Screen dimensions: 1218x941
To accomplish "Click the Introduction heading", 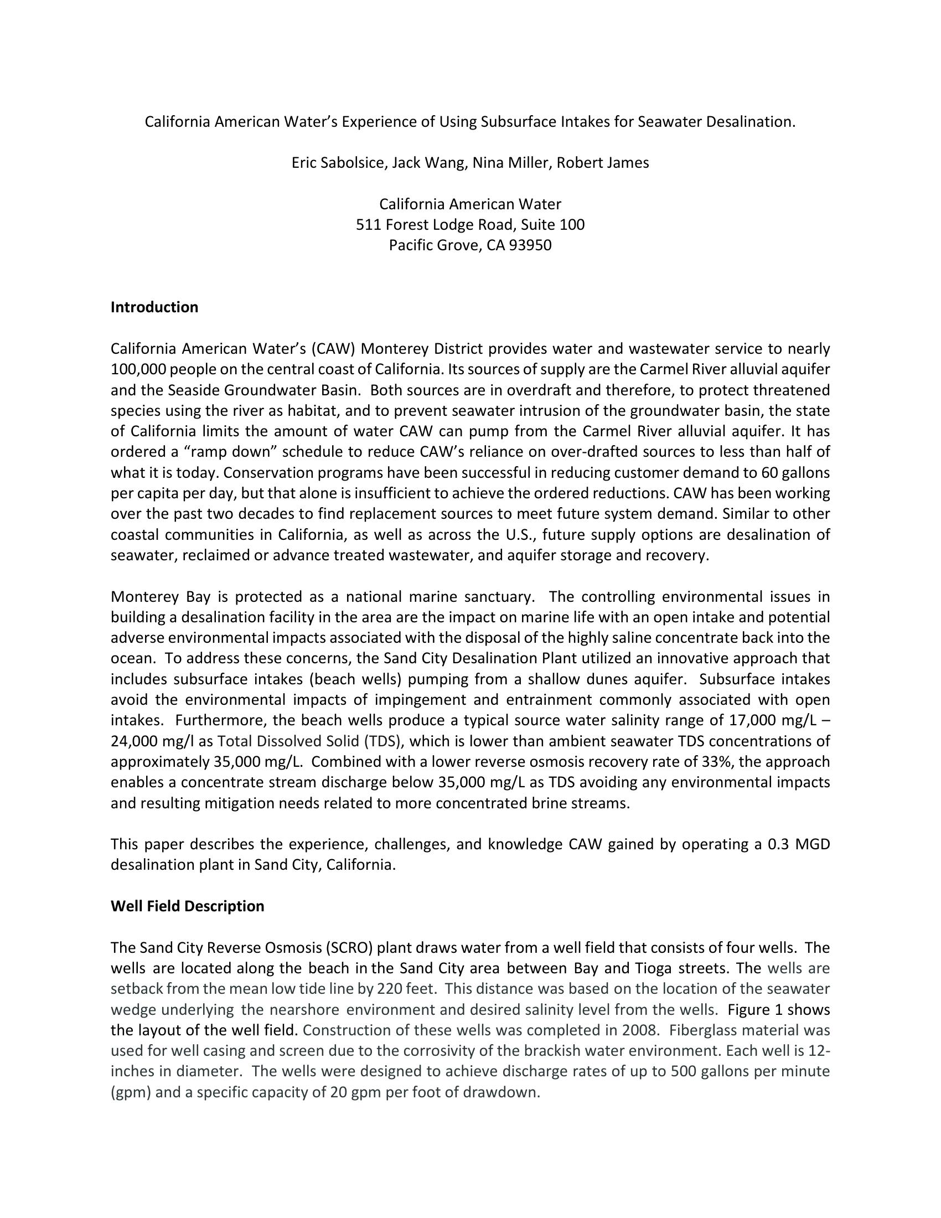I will [154, 307].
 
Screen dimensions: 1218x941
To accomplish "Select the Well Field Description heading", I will [187, 906].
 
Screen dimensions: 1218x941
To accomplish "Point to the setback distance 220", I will [390, 989].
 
